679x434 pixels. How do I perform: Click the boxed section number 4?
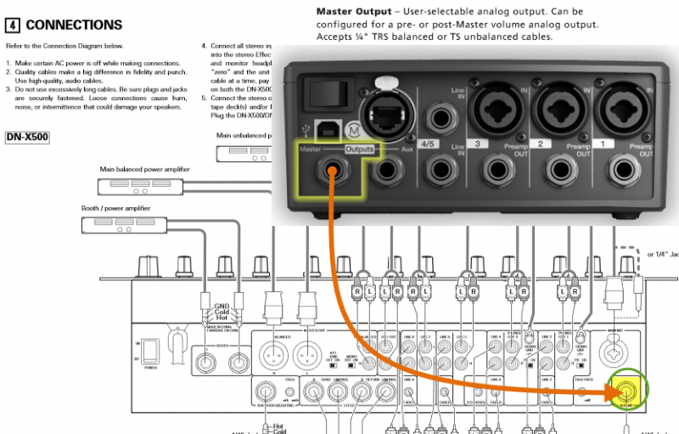[x=13, y=25]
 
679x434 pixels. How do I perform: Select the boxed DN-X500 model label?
[x=26, y=136]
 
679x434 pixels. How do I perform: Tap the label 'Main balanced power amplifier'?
[x=144, y=170]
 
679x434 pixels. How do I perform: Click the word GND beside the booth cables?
[x=222, y=305]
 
